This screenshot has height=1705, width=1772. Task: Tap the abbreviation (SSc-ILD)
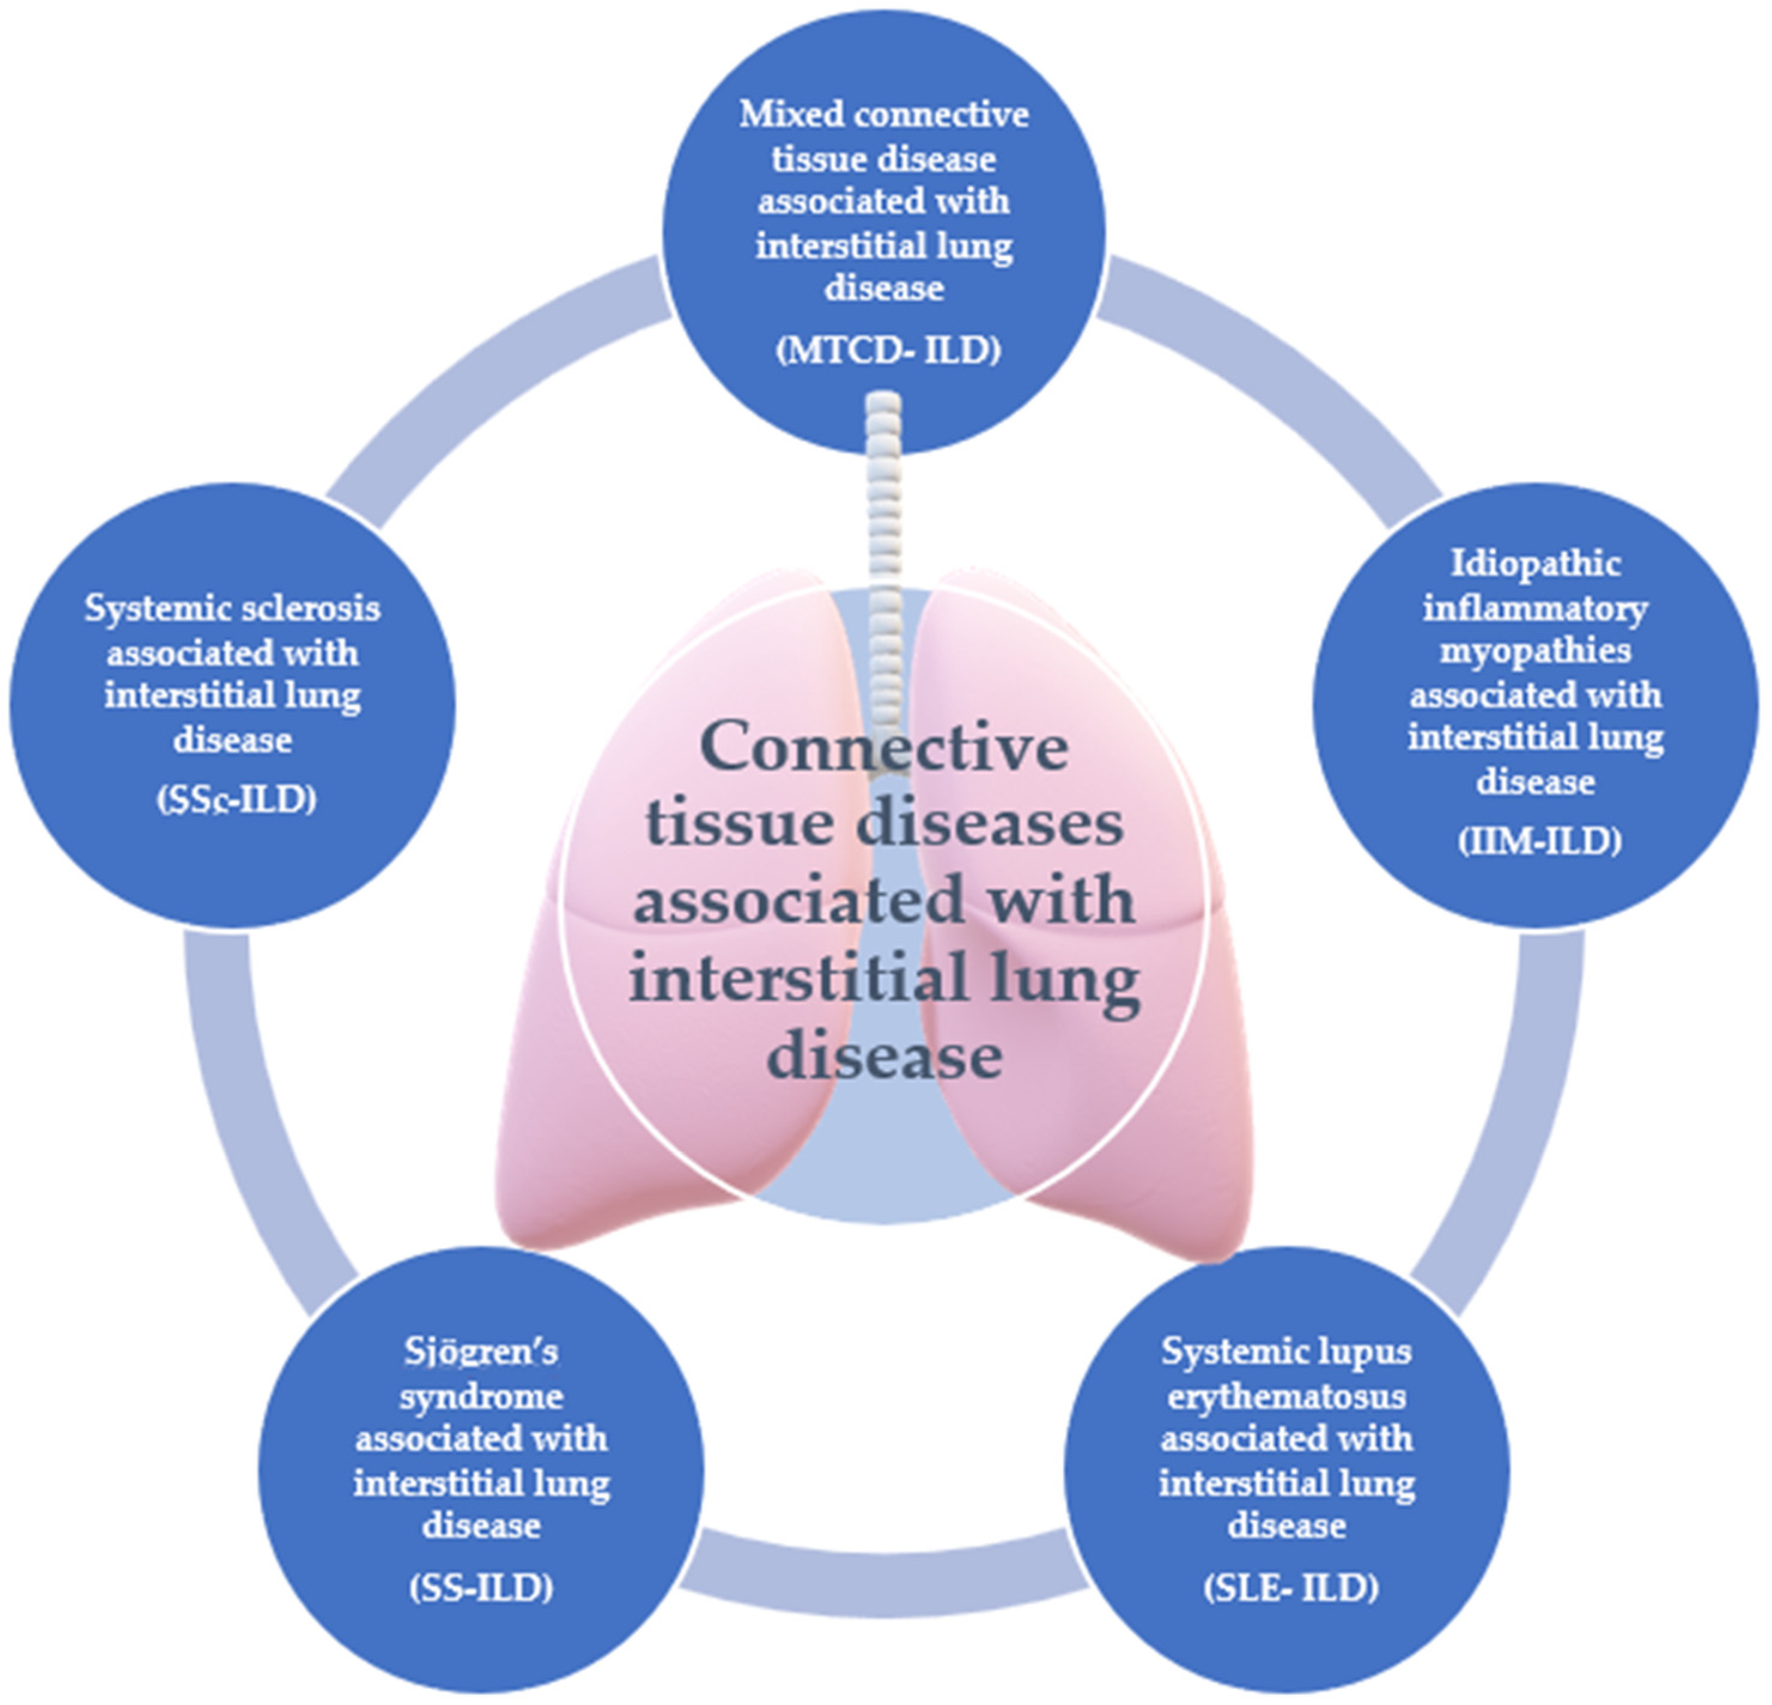click(236, 800)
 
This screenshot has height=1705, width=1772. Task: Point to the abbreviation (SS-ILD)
click(480, 1588)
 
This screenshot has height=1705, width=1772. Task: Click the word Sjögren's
click(480, 1352)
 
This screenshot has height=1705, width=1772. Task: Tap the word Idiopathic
click(1535, 563)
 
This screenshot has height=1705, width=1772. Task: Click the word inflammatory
click(1535, 608)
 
